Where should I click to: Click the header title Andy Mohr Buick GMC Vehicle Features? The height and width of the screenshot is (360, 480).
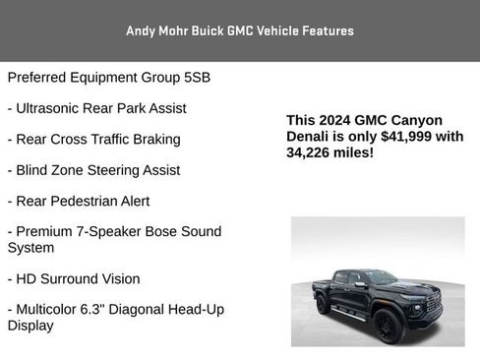pyautogui.click(x=240, y=30)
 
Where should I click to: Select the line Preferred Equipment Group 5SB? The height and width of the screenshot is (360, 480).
pyautogui.click(x=108, y=77)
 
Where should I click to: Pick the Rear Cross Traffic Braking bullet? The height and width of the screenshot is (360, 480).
pyautogui.click(x=93, y=139)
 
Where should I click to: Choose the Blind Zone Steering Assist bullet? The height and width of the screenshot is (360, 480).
pyautogui.click(x=93, y=169)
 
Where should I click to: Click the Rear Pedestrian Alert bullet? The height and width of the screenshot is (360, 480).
pyautogui.click(x=79, y=201)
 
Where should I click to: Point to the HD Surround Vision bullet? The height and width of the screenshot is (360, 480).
pyautogui.click(x=74, y=278)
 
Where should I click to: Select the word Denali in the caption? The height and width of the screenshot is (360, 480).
pyautogui.click(x=310, y=137)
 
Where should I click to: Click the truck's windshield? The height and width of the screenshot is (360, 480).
pyautogui.click(x=381, y=278)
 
